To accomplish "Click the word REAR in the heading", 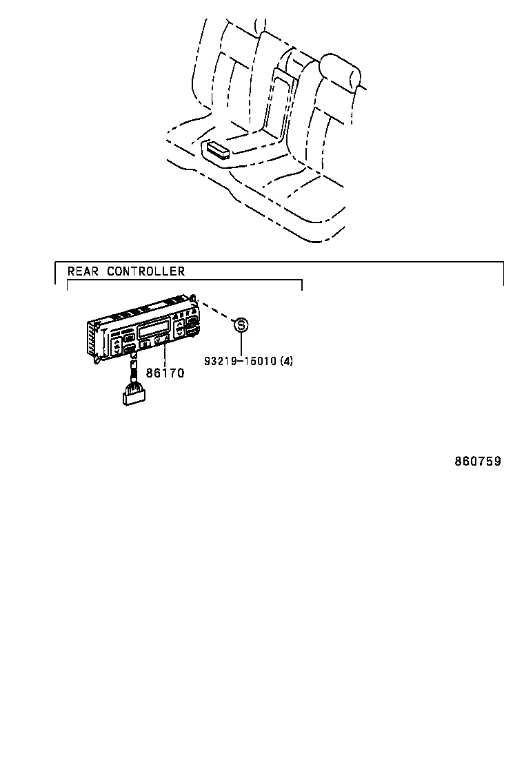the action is pyautogui.click(x=81, y=271).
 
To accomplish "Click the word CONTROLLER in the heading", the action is pyautogui.click(x=145, y=271).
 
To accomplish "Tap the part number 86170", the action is pyautogui.click(x=165, y=373).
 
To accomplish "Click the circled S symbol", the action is pyautogui.click(x=240, y=324).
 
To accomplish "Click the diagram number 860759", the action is pyautogui.click(x=477, y=462).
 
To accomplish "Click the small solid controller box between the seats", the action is pyautogui.click(x=219, y=149).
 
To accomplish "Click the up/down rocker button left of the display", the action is pyautogui.click(x=117, y=345).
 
